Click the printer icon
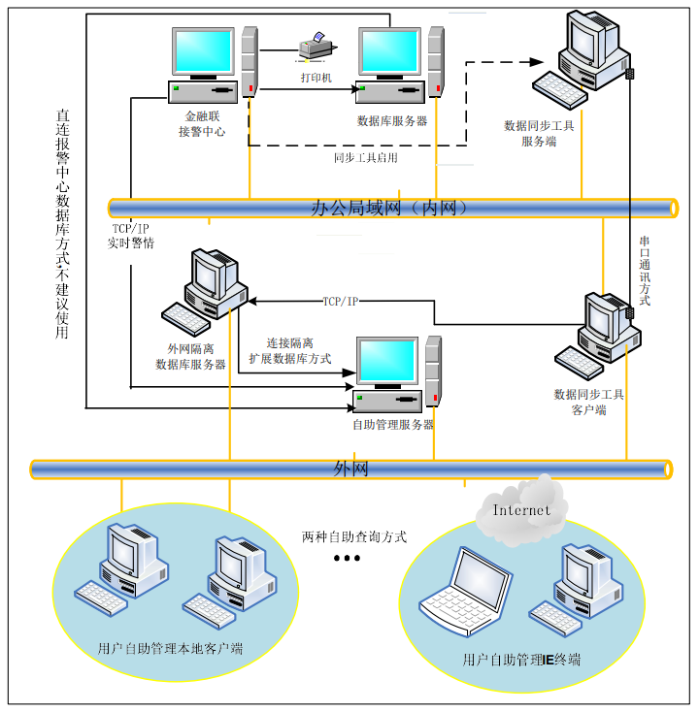point(316,45)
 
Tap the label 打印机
point(316,77)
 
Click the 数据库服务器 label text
point(392,121)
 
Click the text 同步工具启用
point(365,157)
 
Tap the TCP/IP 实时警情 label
point(130,236)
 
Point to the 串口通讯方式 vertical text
point(645,271)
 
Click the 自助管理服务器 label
point(392,424)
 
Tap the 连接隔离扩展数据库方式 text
point(289,351)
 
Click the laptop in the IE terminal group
point(467,588)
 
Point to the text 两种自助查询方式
point(353,535)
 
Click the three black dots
point(347,559)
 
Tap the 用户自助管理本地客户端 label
point(170,647)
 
